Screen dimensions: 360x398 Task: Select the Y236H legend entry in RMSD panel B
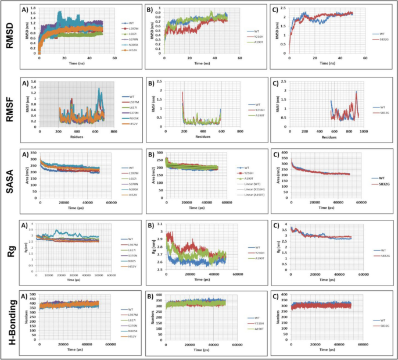(253, 37)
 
